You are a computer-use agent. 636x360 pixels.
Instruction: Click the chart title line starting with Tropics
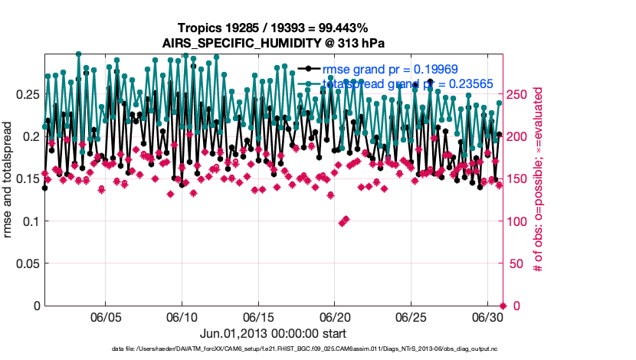point(274,28)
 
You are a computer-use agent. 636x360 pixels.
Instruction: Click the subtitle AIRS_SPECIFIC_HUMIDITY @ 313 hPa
point(274,43)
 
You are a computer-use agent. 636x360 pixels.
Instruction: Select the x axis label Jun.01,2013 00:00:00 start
point(274,334)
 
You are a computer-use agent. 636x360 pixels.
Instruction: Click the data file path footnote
point(274,350)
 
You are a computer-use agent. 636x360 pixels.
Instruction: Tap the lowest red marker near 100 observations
point(342,224)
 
